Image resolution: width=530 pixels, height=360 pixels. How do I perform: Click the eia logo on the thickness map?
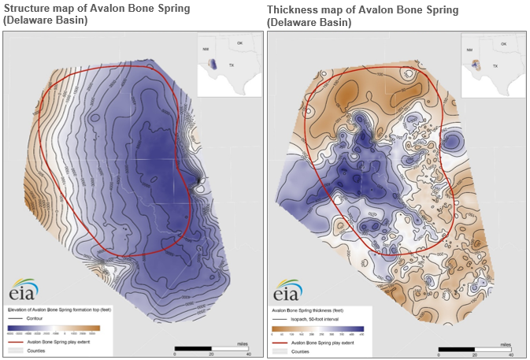click(x=287, y=290)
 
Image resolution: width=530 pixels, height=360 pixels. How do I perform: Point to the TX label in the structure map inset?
click(x=231, y=66)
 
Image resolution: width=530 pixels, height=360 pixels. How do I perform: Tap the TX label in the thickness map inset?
click(x=495, y=66)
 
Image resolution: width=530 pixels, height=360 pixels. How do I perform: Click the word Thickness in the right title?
click(x=293, y=9)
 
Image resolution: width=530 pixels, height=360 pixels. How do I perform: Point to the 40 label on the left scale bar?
click(x=249, y=354)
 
